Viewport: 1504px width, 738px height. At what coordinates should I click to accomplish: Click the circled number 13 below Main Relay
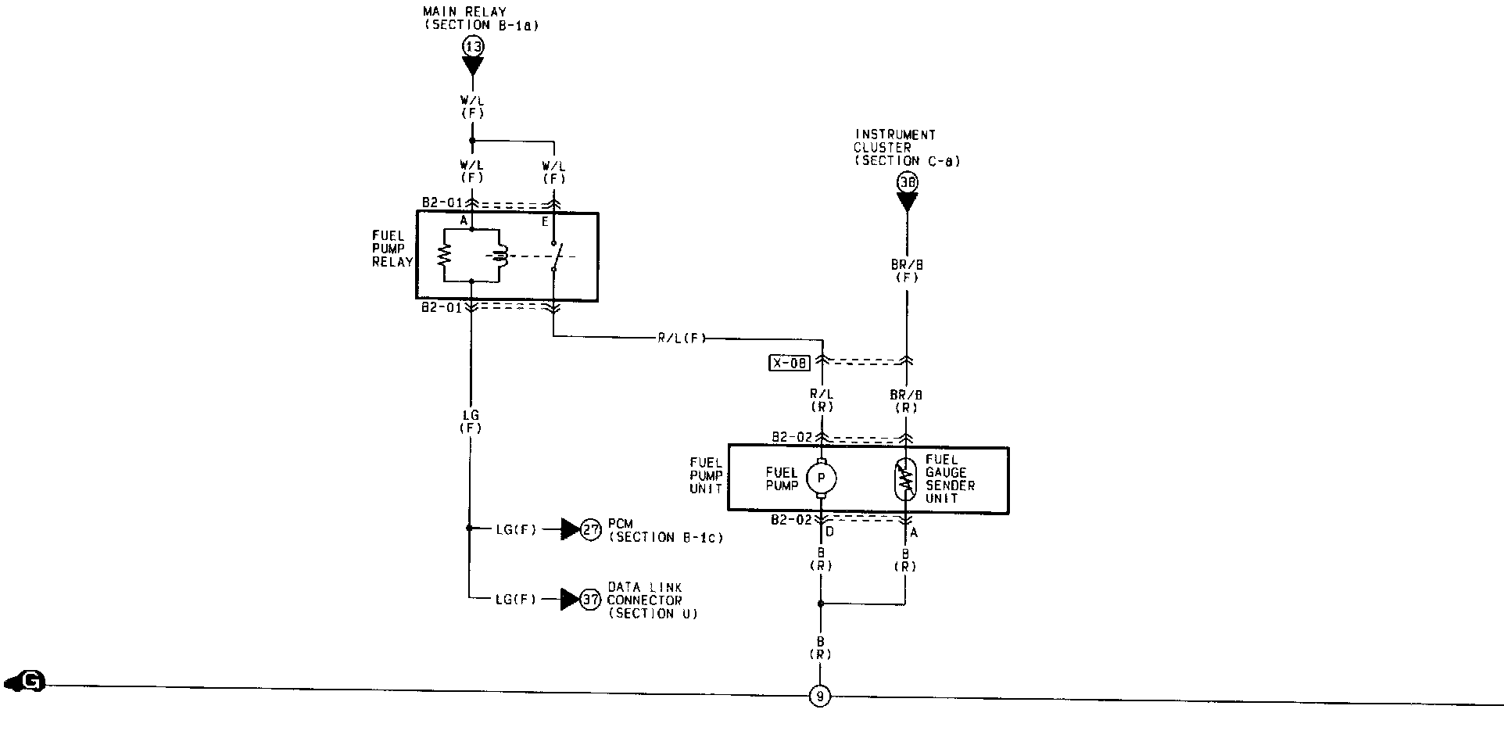click(473, 47)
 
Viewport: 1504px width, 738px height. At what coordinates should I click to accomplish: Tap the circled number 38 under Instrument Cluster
click(907, 182)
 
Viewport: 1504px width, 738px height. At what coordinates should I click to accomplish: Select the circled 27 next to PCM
click(592, 529)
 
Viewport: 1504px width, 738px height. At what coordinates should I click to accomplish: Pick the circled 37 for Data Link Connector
click(592, 600)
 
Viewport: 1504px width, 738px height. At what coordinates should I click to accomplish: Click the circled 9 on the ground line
click(820, 696)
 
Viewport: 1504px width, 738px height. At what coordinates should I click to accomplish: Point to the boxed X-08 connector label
click(790, 363)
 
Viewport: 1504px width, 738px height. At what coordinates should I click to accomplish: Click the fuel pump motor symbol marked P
click(821, 477)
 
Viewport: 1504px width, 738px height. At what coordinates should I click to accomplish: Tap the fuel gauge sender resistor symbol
click(907, 479)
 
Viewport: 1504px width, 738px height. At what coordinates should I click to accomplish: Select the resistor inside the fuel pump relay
click(444, 255)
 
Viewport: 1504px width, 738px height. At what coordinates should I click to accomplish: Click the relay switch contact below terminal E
click(554, 255)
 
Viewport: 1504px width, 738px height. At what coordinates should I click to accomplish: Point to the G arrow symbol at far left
click(25, 682)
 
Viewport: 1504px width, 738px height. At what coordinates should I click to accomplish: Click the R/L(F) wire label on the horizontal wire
click(681, 339)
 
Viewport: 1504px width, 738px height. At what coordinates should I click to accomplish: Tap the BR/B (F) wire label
click(907, 271)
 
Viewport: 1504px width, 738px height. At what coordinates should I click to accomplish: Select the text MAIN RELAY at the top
click(465, 12)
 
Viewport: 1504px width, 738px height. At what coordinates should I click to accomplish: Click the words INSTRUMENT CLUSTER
click(894, 141)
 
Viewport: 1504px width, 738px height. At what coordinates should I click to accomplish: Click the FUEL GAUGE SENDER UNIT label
click(950, 478)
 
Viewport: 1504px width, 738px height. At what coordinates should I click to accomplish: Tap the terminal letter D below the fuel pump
click(830, 532)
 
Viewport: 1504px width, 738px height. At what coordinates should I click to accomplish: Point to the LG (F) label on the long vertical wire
click(471, 421)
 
